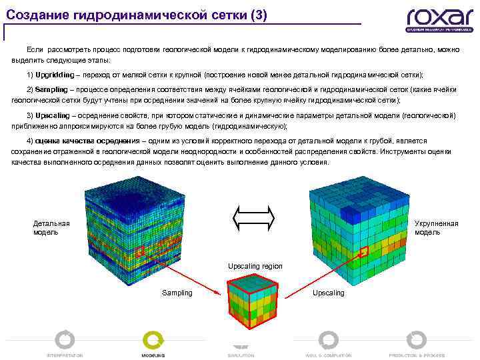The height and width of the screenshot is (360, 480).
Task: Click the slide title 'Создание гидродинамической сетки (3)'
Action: point(137,15)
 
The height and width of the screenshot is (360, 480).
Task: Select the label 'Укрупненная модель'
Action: point(436,228)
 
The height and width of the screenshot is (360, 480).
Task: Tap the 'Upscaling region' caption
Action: point(255,266)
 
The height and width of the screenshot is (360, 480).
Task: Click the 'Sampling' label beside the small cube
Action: point(177,293)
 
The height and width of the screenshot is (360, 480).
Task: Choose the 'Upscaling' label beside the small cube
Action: point(329,293)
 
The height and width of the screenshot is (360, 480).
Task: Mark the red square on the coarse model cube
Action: point(364,251)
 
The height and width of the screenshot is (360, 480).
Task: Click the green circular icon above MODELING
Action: point(153,341)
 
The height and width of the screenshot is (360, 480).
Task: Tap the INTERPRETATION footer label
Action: point(65,355)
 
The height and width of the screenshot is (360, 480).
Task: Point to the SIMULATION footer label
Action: point(241,355)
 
